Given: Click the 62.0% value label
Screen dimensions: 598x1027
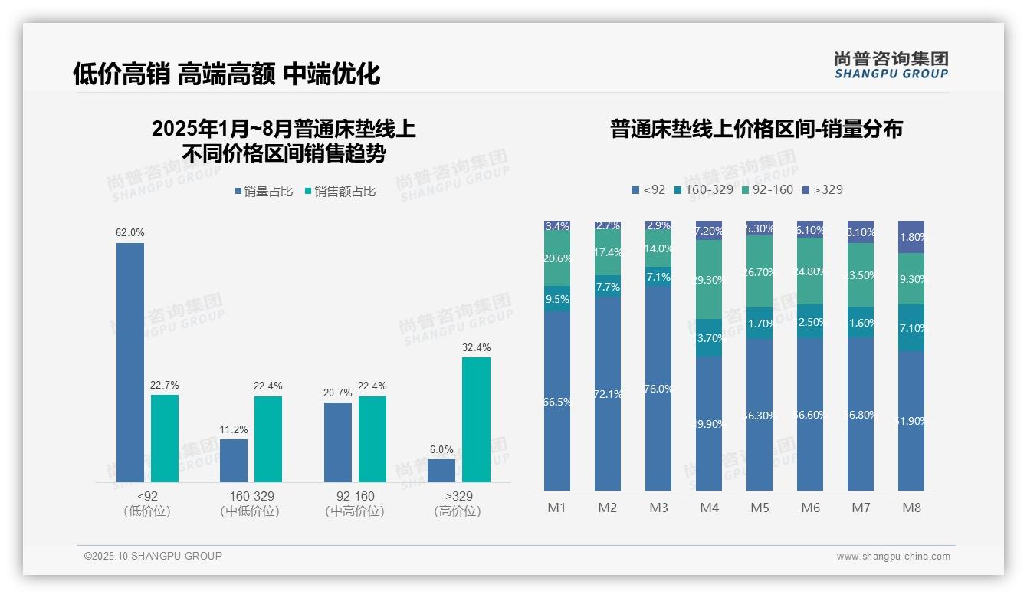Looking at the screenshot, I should (x=130, y=232).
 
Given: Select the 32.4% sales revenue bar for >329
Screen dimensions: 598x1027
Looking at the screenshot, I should (x=476, y=419).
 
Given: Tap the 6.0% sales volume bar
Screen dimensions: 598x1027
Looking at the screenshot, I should (x=441, y=470).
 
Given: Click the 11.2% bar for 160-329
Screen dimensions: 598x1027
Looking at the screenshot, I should (x=234, y=460).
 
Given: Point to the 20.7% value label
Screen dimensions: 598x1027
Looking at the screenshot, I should (x=338, y=393).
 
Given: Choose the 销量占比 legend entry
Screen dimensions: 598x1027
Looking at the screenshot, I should (x=264, y=192).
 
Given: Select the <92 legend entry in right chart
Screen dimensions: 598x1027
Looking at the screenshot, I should (x=648, y=189).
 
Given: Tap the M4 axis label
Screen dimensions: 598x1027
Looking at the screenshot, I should (x=709, y=508).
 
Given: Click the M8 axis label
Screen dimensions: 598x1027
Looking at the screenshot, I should (x=911, y=508).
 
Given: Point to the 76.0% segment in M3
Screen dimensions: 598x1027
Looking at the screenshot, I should (x=658, y=389).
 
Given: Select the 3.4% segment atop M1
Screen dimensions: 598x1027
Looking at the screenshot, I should (x=557, y=226).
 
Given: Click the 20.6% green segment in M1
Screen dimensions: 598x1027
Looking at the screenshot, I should (x=557, y=259).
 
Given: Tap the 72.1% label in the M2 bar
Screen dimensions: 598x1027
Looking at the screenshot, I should (x=608, y=394).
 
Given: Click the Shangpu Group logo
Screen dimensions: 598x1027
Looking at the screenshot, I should (x=891, y=64).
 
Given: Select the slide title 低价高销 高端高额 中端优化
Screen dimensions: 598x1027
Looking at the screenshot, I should (x=226, y=74).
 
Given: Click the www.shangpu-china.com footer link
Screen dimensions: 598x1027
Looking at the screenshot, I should (x=893, y=556).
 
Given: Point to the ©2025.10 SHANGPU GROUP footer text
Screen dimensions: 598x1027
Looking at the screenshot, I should (x=153, y=556).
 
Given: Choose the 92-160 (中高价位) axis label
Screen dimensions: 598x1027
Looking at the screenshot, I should (x=355, y=504).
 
